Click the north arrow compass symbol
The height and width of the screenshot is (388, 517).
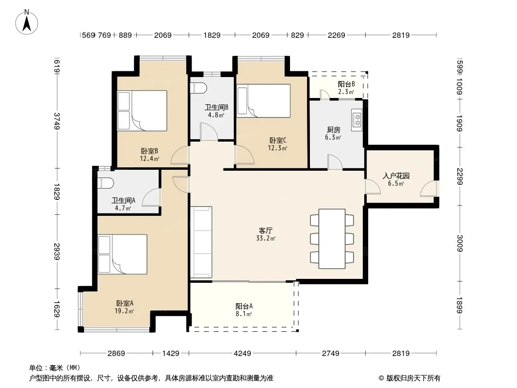click(x=27, y=22)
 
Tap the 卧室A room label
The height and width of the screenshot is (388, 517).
click(x=125, y=303)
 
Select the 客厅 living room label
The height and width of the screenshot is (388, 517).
click(x=265, y=230)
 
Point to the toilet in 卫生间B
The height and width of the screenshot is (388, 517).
click(x=199, y=88)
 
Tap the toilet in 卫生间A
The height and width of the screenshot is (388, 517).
click(x=106, y=183)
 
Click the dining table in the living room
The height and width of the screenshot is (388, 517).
click(x=332, y=239)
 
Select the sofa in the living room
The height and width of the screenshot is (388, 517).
click(x=201, y=242)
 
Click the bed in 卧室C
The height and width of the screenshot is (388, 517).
click(x=263, y=100)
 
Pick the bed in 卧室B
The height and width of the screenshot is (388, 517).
click(x=142, y=111)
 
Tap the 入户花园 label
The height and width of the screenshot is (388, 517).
click(x=396, y=176)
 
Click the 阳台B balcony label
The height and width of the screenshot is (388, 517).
click(x=346, y=84)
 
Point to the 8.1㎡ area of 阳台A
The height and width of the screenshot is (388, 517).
click(x=243, y=314)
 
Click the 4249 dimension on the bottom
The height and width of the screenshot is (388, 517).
click(x=242, y=354)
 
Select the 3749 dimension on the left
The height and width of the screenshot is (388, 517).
click(x=57, y=121)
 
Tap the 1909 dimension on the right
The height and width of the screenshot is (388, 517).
click(x=460, y=123)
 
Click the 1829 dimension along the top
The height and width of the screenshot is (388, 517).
click(x=211, y=35)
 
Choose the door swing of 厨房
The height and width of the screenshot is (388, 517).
click(x=335, y=162)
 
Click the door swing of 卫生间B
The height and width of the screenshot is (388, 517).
click(x=209, y=131)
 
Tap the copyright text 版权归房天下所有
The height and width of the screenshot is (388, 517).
click(x=413, y=378)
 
